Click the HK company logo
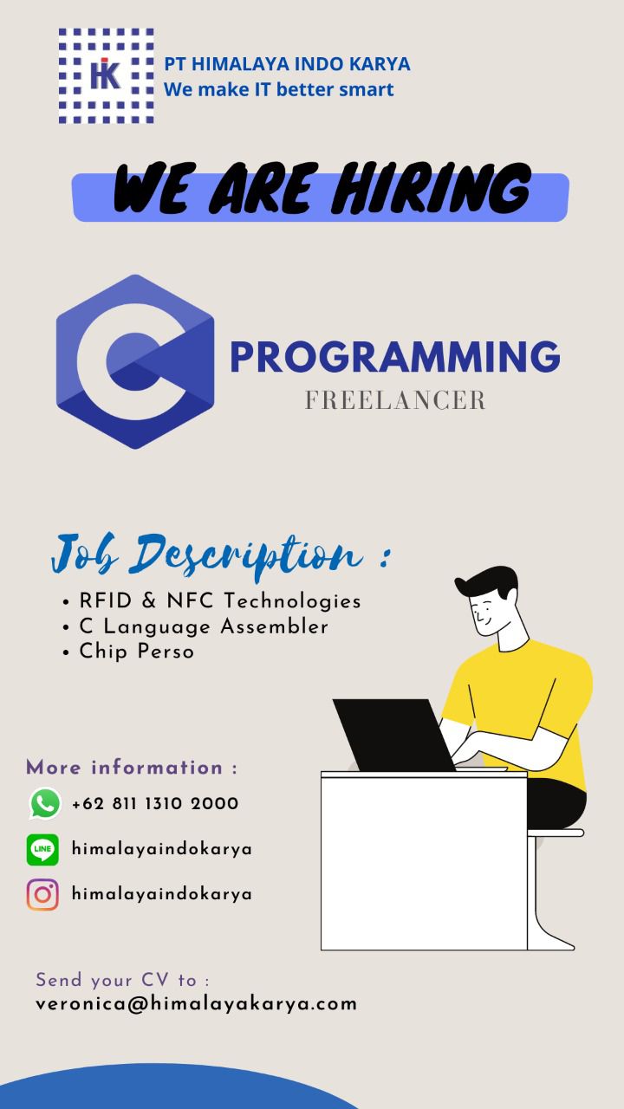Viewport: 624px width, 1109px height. tap(106, 75)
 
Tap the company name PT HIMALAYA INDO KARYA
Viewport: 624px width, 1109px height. tap(287, 64)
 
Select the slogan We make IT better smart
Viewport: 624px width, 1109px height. tap(279, 89)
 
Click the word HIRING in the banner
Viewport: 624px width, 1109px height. tap(432, 188)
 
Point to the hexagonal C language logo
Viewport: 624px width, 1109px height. tap(135, 361)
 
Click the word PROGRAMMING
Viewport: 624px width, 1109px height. tap(395, 356)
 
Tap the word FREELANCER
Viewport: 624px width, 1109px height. tap(395, 400)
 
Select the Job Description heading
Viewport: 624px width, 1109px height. tap(221, 555)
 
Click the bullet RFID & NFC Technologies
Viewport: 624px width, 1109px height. tap(220, 601)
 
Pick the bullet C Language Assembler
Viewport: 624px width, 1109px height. tap(204, 626)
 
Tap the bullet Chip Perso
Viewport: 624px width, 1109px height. tap(137, 652)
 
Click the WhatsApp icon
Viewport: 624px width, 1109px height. tap(45, 803)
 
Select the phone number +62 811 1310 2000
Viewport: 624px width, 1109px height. tap(155, 803)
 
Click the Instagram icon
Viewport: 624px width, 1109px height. tap(42, 895)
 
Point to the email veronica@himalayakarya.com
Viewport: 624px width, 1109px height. tap(196, 1004)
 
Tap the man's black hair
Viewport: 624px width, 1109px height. tap(487, 583)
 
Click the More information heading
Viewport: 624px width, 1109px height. tap(132, 768)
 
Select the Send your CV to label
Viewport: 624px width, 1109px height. tap(122, 980)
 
